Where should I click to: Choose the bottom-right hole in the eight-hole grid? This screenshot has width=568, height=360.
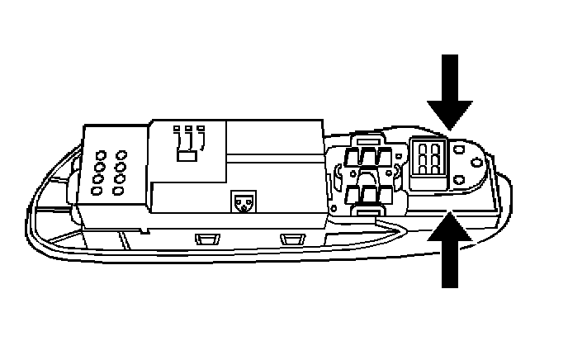118,191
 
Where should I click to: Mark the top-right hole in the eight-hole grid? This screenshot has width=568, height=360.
121,154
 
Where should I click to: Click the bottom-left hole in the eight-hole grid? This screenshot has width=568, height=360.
97,191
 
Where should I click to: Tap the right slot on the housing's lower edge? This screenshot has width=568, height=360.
291,239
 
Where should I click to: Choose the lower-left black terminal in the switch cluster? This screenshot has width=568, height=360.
358,195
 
